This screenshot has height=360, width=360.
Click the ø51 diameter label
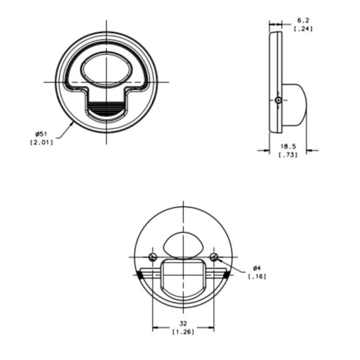point(41,134)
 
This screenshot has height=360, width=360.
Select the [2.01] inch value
point(41,143)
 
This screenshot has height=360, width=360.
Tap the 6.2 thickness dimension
point(303,20)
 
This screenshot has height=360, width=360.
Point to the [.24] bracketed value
point(303,29)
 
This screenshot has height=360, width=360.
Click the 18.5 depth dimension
point(288,146)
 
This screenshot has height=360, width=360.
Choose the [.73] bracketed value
point(288,155)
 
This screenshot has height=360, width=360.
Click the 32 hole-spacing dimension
point(183,324)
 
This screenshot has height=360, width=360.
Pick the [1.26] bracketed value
point(183,332)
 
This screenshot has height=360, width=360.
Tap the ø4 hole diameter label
point(257,268)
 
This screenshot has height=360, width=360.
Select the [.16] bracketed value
point(257,277)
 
